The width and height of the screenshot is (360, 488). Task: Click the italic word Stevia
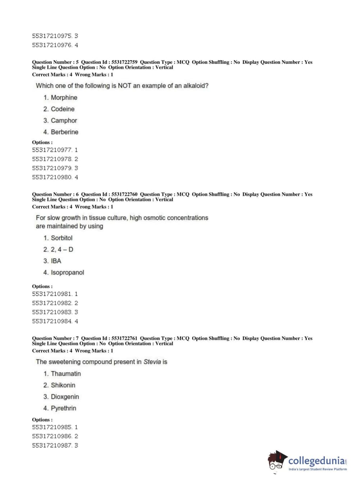[x=152, y=362]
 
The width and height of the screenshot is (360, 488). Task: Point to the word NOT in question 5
[x=124, y=86]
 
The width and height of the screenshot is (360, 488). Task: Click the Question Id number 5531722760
[x=124, y=194]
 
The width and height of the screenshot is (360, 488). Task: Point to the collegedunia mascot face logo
[x=277, y=461]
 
